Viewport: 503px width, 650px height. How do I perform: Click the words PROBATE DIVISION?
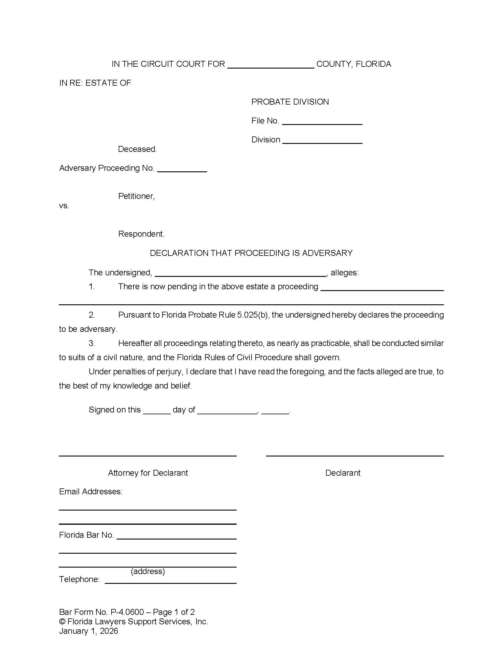(290, 102)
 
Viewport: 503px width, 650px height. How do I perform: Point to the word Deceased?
(137, 149)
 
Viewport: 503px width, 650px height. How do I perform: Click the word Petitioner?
(136, 196)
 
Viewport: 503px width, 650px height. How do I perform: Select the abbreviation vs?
(64, 206)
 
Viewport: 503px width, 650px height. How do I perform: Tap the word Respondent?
(141, 234)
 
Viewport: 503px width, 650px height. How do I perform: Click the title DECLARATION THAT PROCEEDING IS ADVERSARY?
(251, 253)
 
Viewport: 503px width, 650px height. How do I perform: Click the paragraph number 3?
(92, 343)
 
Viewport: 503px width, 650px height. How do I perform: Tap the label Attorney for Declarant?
(148, 473)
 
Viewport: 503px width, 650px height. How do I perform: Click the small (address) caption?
(148, 571)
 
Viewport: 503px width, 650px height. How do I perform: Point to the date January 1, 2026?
(88, 631)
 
